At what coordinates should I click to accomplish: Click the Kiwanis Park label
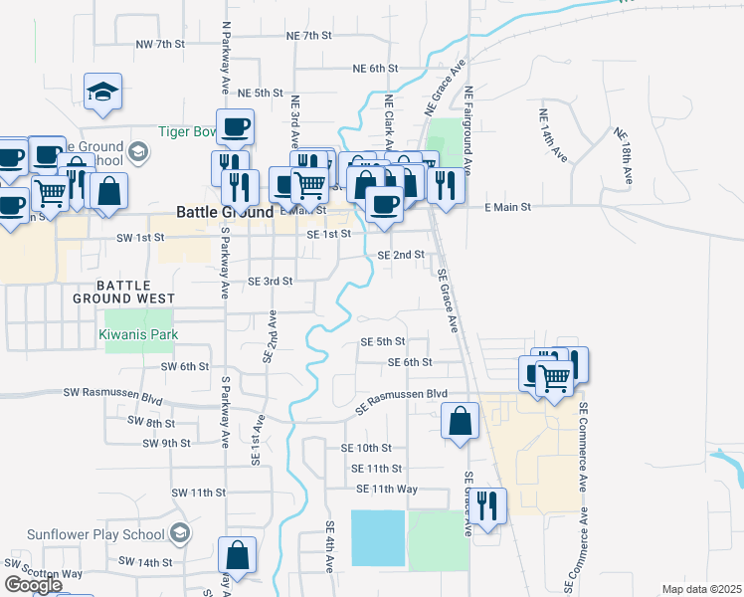click(139, 334)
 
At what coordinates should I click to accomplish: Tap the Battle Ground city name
click(225, 212)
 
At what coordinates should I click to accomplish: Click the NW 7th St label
click(161, 45)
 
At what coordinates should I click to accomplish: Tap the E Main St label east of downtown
click(508, 207)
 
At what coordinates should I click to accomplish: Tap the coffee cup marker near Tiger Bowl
click(235, 127)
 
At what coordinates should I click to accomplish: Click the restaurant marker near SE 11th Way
click(487, 504)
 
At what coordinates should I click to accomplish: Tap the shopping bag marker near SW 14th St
click(238, 554)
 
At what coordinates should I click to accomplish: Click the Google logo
click(33, 585)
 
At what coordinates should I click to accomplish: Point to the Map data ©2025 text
click(701, 589)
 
